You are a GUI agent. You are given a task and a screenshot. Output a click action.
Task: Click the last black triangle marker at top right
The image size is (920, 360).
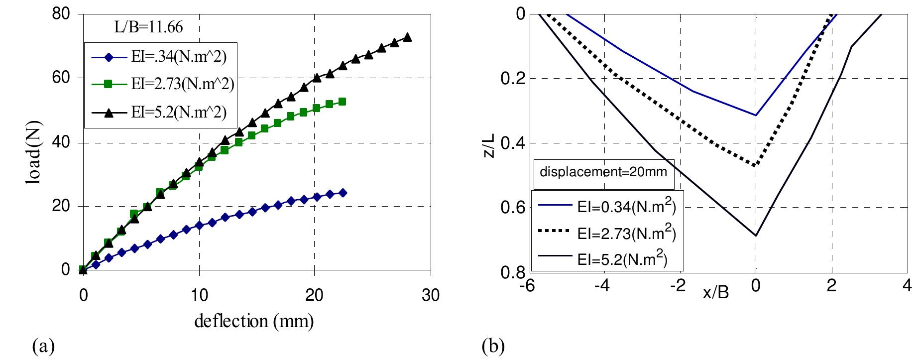coord(407,37)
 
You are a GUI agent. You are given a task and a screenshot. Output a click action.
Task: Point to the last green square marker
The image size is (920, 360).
coord(342,102)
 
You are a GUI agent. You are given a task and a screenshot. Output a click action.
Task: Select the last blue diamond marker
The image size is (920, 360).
coord(343,193)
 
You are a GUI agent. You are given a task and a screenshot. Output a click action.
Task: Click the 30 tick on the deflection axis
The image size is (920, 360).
coord(430,295)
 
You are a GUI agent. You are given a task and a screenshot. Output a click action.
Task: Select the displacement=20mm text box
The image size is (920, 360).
coord(603,174)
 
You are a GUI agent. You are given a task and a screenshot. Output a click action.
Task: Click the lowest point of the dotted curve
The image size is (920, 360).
coord(755,165)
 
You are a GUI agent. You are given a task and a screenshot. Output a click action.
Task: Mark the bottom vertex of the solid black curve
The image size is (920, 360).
coord(755,236)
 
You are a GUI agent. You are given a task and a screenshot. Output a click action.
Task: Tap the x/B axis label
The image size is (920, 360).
coord(715,292)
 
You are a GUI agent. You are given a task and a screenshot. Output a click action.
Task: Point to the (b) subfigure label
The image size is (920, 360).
coord(492,345)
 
